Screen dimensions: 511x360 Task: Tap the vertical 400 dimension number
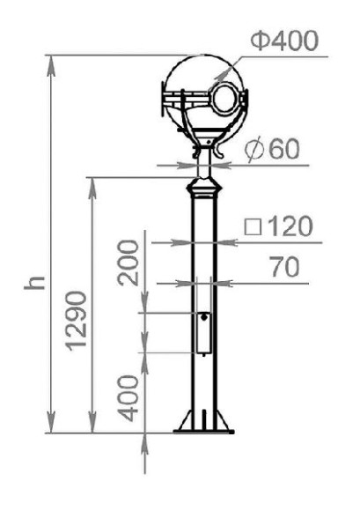[x=130, y=397]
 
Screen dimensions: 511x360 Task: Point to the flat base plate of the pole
[x=204, y=432]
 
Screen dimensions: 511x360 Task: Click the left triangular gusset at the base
[x=187, y=419]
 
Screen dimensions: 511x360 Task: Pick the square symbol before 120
[x=252, y=227]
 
